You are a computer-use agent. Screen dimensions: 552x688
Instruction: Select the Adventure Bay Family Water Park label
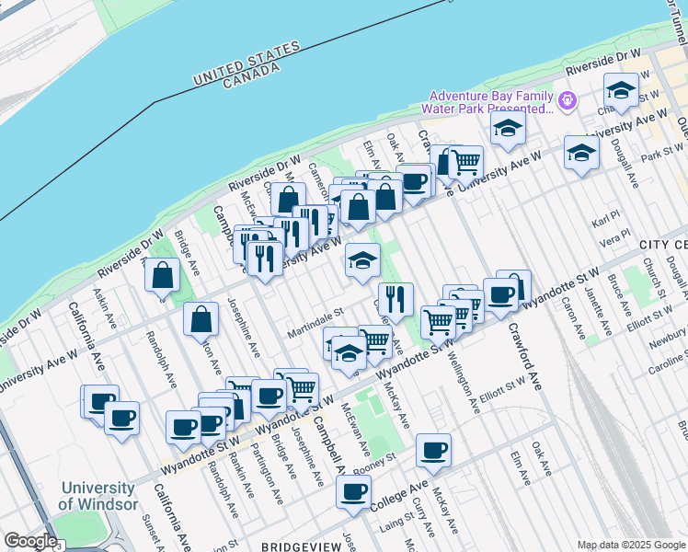point(491,102)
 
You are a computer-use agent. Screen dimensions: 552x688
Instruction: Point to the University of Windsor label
point(97,496)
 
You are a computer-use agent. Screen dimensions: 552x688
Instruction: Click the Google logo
point(30,542)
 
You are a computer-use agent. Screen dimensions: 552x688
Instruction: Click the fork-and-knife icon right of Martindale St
point(396,299)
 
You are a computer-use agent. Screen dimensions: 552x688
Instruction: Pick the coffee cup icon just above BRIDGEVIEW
point(353,490)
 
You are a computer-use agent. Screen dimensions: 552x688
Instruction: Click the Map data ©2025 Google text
point(630,545)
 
